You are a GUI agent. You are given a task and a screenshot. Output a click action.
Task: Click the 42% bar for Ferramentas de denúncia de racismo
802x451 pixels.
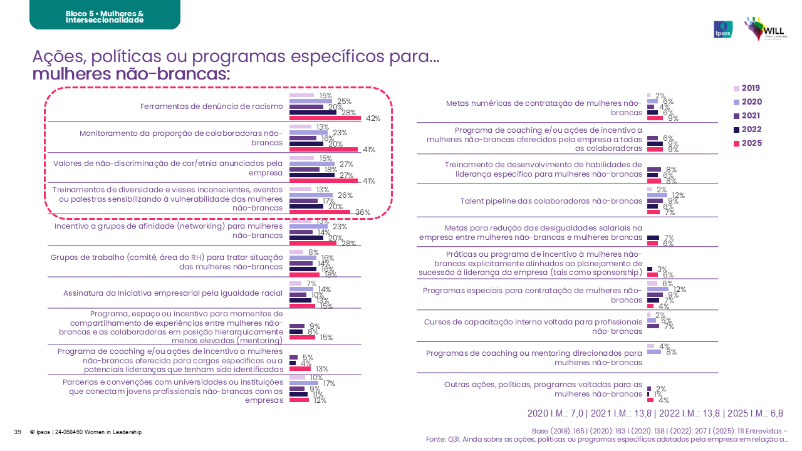pos(325,118)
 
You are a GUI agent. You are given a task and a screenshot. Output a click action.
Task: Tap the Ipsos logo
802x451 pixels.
pos(723,29)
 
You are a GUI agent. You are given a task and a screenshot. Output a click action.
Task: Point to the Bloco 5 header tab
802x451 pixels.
pos(105,17)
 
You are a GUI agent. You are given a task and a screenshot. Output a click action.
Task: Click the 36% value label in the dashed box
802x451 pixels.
pos(363,212)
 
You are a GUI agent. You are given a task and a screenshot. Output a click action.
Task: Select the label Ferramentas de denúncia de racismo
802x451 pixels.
pos(212,106)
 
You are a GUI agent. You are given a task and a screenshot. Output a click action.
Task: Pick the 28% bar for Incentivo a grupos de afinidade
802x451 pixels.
pos(313,243)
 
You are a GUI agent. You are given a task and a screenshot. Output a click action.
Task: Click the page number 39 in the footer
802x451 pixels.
pos(18,432)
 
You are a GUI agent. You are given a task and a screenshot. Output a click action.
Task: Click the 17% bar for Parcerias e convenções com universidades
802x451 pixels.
pos(304,383)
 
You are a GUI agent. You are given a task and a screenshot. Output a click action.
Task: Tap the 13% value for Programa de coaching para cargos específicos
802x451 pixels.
pos(322,368)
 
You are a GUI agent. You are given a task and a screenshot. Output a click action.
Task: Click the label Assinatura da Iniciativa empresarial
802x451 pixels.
pos(173,293)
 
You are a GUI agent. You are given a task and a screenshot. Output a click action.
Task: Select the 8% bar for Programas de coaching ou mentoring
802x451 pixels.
pos(654,351)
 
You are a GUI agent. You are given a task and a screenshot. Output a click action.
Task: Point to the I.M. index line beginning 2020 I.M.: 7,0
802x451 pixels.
pos(655,413)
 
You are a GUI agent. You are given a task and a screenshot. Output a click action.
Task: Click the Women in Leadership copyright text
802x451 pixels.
pos(85,432)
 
